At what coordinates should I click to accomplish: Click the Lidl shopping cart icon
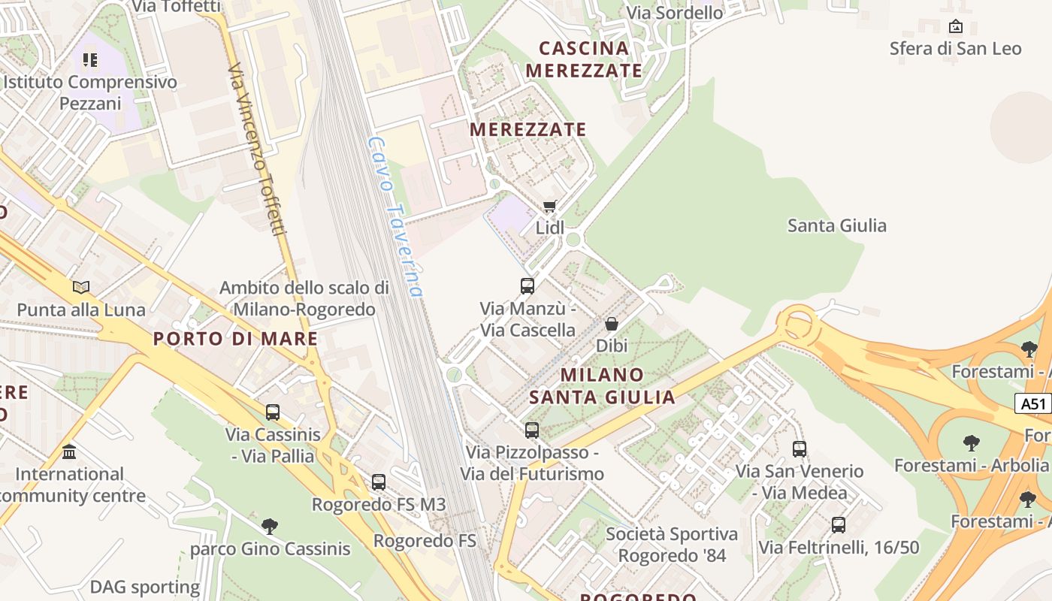point(550,206)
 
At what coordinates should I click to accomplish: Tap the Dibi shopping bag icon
point(612,324)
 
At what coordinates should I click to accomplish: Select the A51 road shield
point(1033,403)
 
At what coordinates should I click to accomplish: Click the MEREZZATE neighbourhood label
point(528,129)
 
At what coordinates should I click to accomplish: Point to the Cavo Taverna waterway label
point(396,216)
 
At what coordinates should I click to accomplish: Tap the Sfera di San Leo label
point(955,49)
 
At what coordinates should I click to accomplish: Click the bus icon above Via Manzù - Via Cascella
point(528,286)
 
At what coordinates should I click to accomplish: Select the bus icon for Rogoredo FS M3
point(379,482)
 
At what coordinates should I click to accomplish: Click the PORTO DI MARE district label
point(236,339)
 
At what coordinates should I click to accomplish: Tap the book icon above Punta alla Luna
point(81,287)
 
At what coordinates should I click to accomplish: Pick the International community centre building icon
point(70,452)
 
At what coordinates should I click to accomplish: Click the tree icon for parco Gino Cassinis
point(270,526)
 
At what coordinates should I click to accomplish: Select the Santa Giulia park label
point(836,225)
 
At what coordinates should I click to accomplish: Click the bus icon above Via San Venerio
point(800,449)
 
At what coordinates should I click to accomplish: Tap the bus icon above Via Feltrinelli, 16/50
point(839,525)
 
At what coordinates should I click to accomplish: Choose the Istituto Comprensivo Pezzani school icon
point(90,59)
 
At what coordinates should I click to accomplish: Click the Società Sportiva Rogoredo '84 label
point(672,545)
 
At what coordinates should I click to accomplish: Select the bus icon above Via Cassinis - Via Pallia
point(273,412)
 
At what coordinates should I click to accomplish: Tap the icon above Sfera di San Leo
point(956,27)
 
